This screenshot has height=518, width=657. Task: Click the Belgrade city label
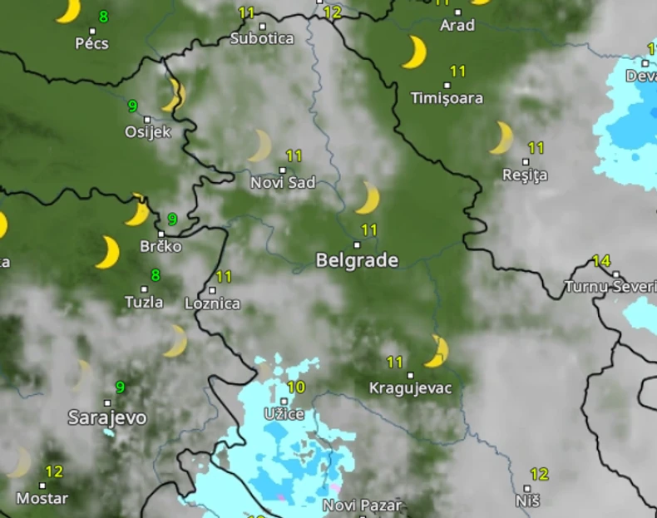pyautogui.click(x=357, y=260)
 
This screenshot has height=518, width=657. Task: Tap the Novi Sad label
pyautogui.click(x=283, y=183)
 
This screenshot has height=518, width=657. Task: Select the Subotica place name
pyautogui.click(x=262, y=38)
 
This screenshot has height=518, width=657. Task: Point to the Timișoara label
pyautogui.click(x=447, y=98)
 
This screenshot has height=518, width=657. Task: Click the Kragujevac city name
pyautogui.click(x=410, y=388)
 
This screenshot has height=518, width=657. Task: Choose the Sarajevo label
pyautogui.click(x=107, y=417)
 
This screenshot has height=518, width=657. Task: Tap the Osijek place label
pyautogui.click(x=147, y=131)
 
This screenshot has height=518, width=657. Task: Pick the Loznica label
pyautogui.click(x=212, y=303)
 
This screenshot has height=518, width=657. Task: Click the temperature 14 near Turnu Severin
pyautogui.click(x=601, y=261)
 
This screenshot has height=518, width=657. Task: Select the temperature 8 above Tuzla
pyautogui.click(x=156, y=275)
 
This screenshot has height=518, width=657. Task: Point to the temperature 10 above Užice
pyautogui.click(x=296, y=387)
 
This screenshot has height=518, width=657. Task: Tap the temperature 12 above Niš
pyautogui.click(x=539, y=475)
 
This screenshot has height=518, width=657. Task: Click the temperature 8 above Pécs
pyautogui.click(x=103, y=17)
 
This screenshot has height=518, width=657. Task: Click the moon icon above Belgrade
pyautogui.click(x=367, y=198)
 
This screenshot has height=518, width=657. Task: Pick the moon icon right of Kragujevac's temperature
pyautogui.click(x=436, y=351)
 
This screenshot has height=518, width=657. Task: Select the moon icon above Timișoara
pyautogui.click(x=413, y=52)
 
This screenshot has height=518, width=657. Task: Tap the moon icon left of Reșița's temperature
pyautogui.click(x=501, y=138)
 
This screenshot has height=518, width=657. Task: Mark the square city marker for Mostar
pyautogui.click(x=42, y=486)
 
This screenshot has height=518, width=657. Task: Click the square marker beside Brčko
pyautogui.click(x=161, y=234)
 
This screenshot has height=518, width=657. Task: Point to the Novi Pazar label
pyautogui.click(x=362, y=505)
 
